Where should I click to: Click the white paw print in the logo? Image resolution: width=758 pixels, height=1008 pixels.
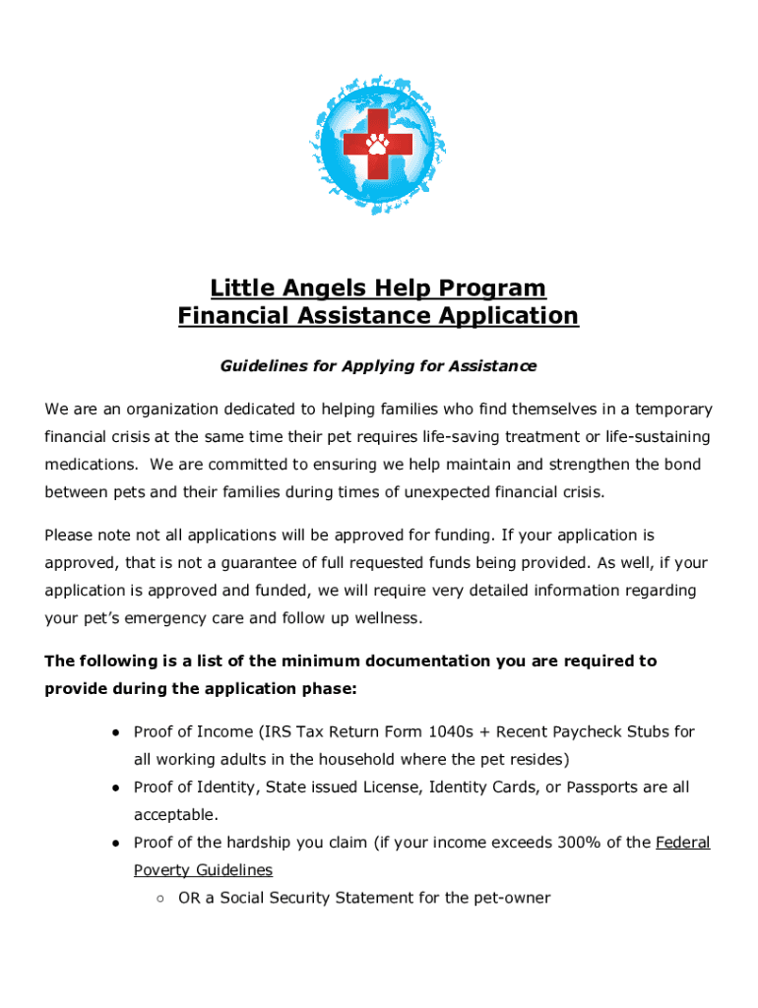tap(378, 144)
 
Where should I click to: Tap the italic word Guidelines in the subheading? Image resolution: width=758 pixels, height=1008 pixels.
tap(259, 366)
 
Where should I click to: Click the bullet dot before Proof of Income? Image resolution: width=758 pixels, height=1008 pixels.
tap(115, 733)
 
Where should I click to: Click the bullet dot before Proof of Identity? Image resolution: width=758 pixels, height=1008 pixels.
tap(115, 788)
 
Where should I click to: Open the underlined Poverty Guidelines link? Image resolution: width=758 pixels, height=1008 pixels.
tap(203, 870)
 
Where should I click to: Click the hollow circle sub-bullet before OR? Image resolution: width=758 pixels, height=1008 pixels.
tap(159, 899)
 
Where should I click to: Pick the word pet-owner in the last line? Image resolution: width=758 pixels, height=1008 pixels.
tap(511, 898)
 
